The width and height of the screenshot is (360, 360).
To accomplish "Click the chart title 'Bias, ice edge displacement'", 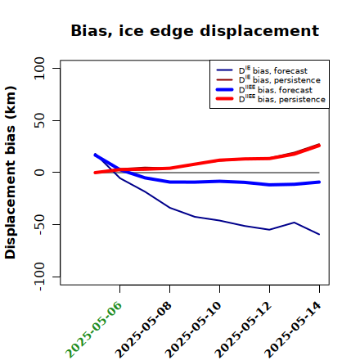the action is [x=195, y=31].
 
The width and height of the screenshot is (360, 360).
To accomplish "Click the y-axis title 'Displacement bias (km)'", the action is [x=11, y=173].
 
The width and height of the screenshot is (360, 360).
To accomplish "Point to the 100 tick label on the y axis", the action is [x=39, y=68].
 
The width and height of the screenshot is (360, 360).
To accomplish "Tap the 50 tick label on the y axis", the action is [x=39, y=120].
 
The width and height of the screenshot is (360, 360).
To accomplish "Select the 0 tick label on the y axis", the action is [x=39, y=173].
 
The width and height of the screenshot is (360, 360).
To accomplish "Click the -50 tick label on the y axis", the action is [x=40, y=224].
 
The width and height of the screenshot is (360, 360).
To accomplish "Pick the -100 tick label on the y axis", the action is [x=40, y=277].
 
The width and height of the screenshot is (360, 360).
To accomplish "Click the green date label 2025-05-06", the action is [x=93, y=330].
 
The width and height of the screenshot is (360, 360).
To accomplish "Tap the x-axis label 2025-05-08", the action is [x=143, y=330].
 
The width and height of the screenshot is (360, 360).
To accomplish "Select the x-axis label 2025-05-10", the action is [x=193, y=330].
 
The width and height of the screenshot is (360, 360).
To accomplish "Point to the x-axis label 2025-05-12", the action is [x=243, y=330].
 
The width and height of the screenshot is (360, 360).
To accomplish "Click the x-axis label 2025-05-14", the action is [x=293, y=330].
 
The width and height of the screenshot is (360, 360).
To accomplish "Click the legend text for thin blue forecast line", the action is [x=273, y=70].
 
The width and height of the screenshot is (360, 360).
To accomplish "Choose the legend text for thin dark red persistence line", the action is [x=280, y=79].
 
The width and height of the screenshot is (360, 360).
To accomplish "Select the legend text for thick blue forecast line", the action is [x=276, y=89].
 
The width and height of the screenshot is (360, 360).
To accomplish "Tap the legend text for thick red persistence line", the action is [x=282, y=99].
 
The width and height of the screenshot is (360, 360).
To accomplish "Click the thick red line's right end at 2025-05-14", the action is [x=319, y=146].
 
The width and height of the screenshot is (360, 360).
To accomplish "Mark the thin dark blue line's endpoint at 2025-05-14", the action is [x=319, y=234].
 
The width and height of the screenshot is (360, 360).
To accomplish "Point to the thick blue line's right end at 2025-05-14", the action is [x=319, y=182].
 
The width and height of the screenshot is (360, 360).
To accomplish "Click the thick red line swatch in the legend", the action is [x=225, y=99].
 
